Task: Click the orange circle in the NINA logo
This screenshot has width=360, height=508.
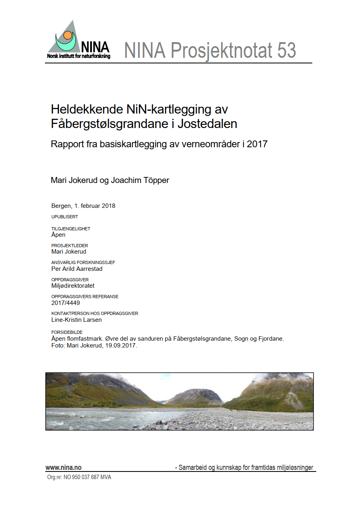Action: point(68,35)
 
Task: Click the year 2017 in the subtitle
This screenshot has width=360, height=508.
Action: point(257,144)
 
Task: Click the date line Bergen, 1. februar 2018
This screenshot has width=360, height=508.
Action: point(83,206)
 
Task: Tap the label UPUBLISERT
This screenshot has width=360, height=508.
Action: point(65,217)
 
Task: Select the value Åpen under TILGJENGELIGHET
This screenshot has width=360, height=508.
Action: point(58,235)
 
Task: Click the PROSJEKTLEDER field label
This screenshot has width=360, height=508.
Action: point(69,246)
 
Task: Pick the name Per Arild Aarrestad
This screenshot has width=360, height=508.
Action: point(77,269)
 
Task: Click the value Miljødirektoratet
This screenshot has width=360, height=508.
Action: point(73,286)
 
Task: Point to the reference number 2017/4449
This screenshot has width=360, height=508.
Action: point(65,303)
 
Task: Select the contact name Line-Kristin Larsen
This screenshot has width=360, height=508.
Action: point(76,320)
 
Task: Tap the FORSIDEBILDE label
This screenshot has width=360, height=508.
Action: point(67,332)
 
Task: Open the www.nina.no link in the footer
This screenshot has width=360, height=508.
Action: point(63,467)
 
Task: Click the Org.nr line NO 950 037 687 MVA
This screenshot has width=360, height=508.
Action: point(79,478)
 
